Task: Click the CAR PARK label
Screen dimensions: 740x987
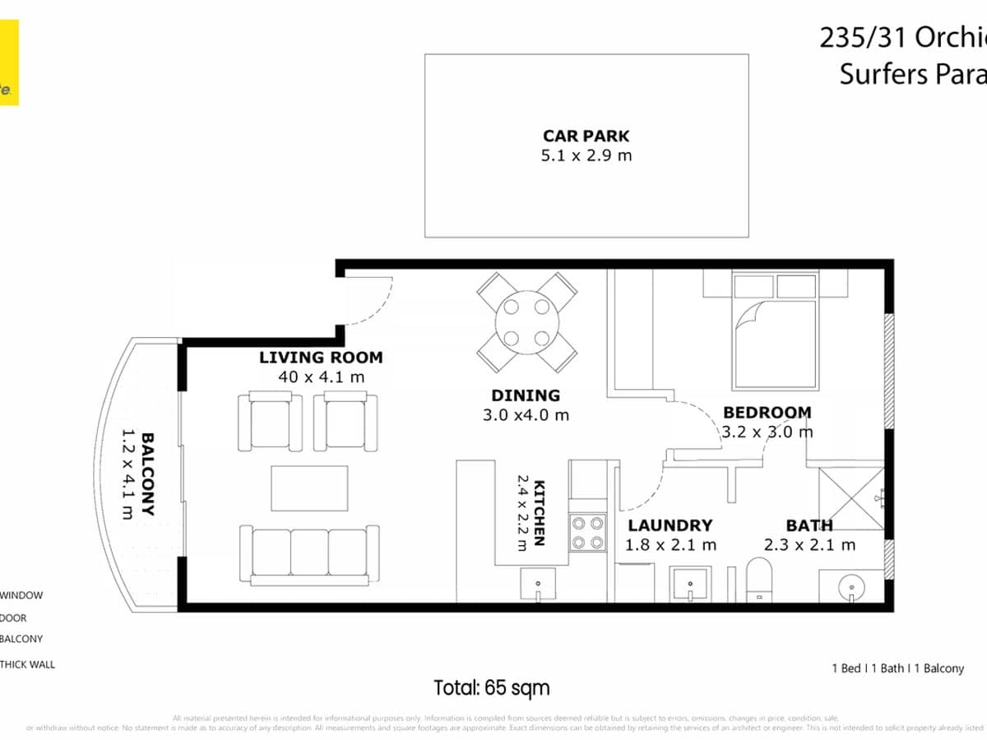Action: tap(586, 136)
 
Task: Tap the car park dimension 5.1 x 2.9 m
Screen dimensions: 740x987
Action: tap(586, 155)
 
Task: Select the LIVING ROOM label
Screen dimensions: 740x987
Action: tap(321, 358)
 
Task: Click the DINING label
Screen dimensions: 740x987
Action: tap(526, 395)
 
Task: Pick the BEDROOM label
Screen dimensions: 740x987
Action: tap(767, 412)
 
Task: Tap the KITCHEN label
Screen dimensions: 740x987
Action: tap(540, 512)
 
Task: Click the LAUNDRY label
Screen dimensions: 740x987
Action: tap(670, 525)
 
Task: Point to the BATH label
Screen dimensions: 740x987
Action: tap(809, 525)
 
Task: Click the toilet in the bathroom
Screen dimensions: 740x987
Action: tap(758, 580)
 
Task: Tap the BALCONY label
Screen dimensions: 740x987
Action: tap(148, 474)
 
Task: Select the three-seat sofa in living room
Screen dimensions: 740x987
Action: tap(309, 554)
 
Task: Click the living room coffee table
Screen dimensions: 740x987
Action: tap(309, 488)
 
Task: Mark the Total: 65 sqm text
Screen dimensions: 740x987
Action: tap(492, 687)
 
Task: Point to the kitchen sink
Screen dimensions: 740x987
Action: tap(539, 585)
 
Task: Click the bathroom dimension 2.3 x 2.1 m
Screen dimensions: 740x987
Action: tap(809, 544)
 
